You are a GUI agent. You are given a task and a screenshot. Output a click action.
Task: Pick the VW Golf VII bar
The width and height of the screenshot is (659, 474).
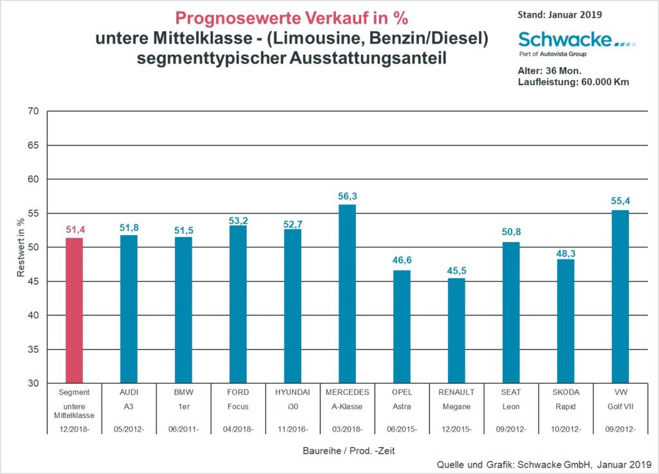coord(620,296)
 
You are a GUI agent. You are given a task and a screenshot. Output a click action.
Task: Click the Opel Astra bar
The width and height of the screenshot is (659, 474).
coord(402,327)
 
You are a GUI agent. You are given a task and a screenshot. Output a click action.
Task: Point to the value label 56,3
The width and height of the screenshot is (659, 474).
coord(347,196)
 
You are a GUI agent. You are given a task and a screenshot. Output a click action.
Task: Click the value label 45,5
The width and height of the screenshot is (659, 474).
coord(456,270)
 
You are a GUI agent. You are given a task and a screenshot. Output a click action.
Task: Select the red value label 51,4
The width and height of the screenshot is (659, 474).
coord(74,230)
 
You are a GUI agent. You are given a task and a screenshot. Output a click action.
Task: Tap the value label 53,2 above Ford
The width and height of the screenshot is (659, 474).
coord(238,220)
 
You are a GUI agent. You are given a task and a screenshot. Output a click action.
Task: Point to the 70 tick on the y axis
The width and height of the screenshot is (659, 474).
coord(33,111)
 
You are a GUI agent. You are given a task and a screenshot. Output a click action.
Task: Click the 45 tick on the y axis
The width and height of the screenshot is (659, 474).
coord(33,281)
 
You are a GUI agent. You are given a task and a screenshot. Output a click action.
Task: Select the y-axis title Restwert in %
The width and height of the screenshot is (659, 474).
coord(21,247)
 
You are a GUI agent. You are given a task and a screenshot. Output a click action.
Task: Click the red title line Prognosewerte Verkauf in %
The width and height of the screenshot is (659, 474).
coord(292,18)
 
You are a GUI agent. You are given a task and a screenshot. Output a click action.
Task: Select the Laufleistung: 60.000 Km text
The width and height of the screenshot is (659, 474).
coord(573,82)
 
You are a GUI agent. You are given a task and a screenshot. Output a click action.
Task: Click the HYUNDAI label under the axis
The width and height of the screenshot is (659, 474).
coord(293,392)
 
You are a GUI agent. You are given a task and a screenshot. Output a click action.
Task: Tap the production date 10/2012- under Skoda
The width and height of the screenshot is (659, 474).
coord(566,428)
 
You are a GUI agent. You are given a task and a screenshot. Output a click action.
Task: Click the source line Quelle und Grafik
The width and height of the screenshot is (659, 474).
coord(544,464)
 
